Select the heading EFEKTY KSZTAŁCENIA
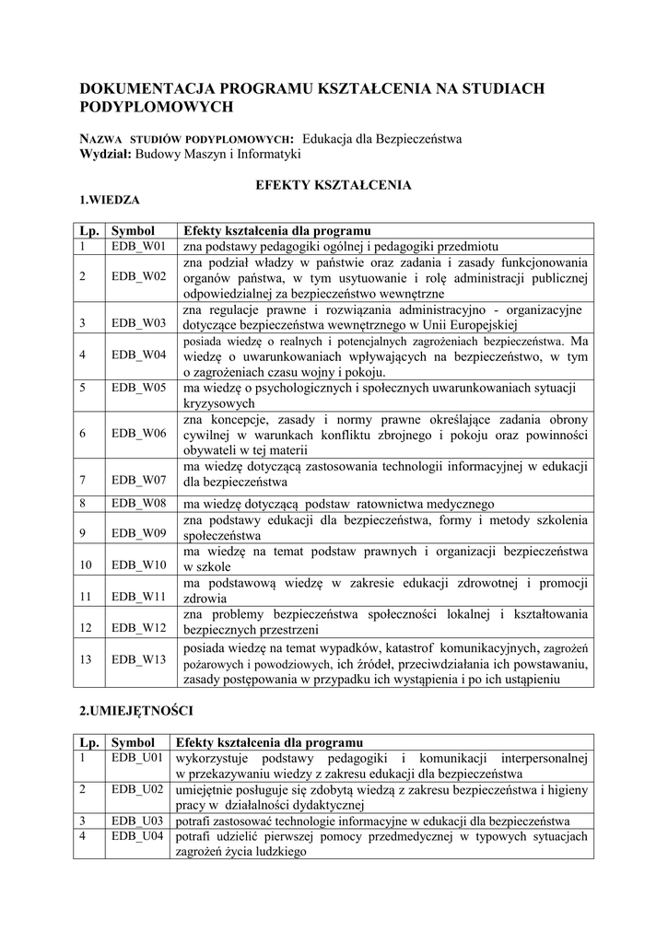click(x=333, y=184)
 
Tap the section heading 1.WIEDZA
click(x=109, y=199)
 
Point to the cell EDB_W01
click(x=137, y=247)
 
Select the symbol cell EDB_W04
click(x=138, y=355)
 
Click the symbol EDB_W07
click(x=138, y=480)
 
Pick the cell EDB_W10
click(x=138, y=564)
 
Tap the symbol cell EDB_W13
click(x=138, y=659)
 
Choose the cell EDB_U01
click(x=138, y=758)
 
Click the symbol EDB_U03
click(x=138, y=821)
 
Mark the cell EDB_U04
click(x=138, y=837)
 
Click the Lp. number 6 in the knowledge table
click(x=82, y=433)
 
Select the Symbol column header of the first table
click(x=132, y=230)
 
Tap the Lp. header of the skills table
click(x=88, y=742)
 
